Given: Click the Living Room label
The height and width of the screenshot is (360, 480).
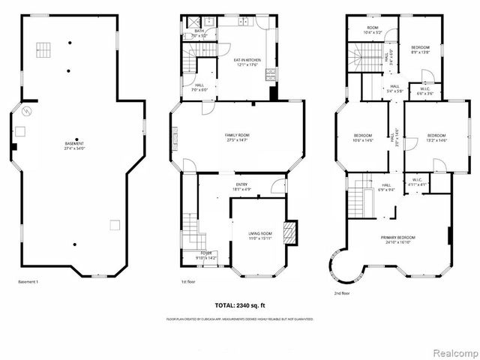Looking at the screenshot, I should [x=260, y=236].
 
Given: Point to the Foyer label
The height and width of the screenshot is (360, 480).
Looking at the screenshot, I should [x=205, y=255].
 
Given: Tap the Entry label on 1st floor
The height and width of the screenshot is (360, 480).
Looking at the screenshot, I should [x=241, y=187].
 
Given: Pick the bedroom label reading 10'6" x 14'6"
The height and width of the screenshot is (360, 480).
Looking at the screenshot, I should [x=364, y=138].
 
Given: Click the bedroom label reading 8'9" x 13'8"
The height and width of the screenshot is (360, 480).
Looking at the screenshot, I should [x=420, y=49].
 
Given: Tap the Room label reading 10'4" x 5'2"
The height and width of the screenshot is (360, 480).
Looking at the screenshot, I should [x=372, y=31].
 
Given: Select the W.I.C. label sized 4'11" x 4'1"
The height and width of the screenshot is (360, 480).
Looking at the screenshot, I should [x=418, y=181].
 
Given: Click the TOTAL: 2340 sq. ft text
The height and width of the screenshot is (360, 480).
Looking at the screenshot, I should [x=240, y=305].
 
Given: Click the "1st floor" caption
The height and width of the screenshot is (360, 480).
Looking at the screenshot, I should [x=189, y=282].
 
